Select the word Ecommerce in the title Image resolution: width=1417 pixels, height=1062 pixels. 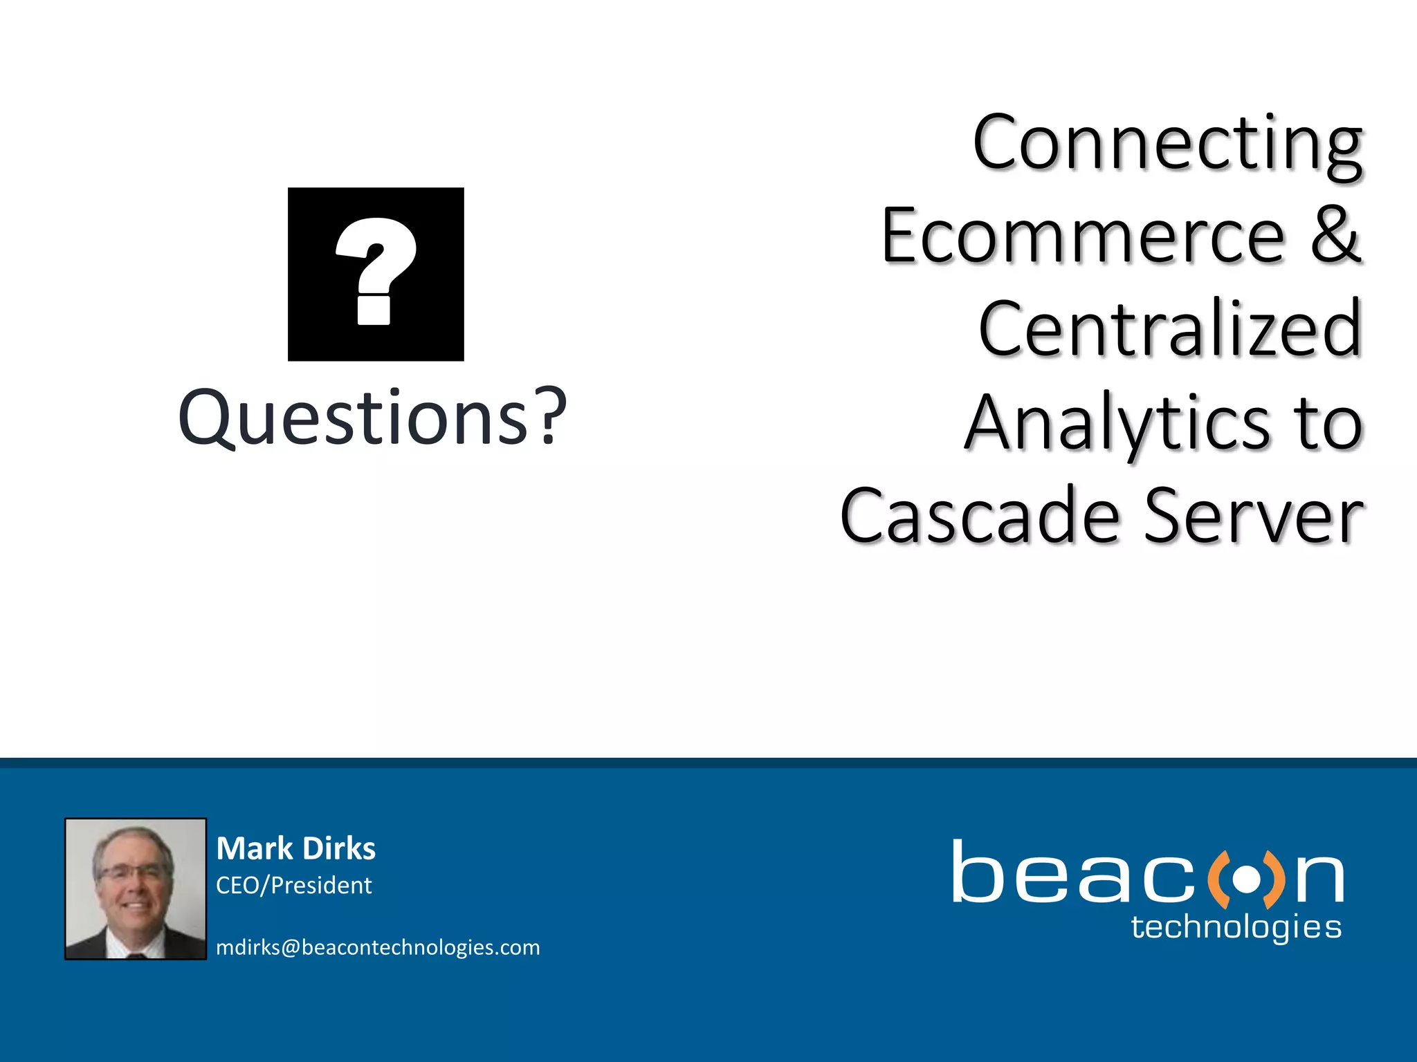1083,237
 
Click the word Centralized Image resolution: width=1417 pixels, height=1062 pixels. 1170,329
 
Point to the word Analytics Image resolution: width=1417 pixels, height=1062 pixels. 1116,423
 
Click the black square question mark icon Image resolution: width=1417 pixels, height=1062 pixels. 376,274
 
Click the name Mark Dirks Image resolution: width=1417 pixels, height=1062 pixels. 295,848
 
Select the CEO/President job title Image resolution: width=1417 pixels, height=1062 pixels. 293,885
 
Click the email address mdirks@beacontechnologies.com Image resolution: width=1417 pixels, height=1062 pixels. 378,947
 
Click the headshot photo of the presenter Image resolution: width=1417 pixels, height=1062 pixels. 136,888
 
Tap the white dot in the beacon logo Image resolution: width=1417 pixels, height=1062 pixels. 1247,879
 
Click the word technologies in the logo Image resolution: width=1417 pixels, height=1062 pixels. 1236,927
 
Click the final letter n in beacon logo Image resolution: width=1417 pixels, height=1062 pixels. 1319,879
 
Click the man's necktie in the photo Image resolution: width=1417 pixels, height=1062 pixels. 136,955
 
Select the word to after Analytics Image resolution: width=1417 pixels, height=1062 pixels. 1329,423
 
